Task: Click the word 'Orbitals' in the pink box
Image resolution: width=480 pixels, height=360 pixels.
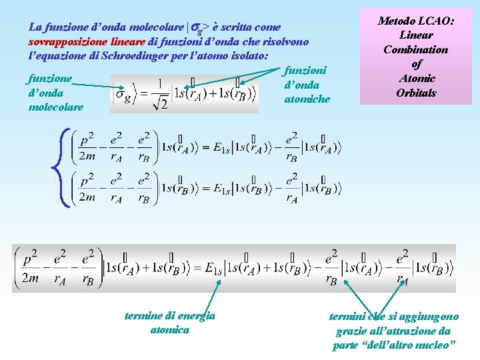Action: pyautogui.click(x=416, y=93)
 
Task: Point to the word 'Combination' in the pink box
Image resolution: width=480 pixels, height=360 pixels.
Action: pyautogui.click(x=416, y=49)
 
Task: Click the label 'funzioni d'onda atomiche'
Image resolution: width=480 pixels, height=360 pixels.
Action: pyautogui.click(x=306, y=84)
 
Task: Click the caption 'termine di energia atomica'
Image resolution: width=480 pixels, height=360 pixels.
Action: pyautogui.click(x=170, y=322)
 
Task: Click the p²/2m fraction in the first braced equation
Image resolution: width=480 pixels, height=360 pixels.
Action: pyautogui.click(x=87, y=147)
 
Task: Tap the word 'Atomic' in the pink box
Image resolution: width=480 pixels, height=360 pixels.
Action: pyautogui.click(x=416, y=78)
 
